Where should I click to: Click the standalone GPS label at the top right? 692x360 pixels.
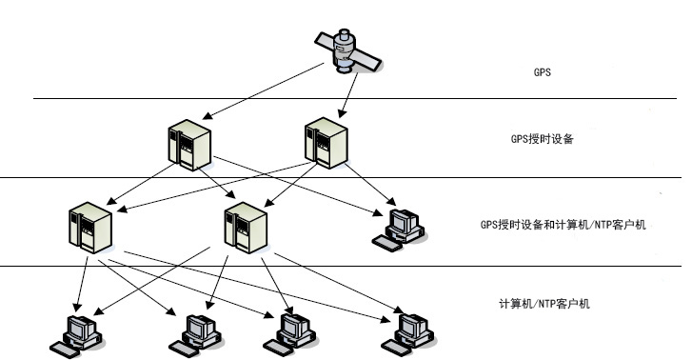point(543,71)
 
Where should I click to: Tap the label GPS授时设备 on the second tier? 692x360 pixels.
point(542,138)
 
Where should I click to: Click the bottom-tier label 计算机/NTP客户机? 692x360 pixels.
point(544,304)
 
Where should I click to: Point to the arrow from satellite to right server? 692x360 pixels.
point(349,93)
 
